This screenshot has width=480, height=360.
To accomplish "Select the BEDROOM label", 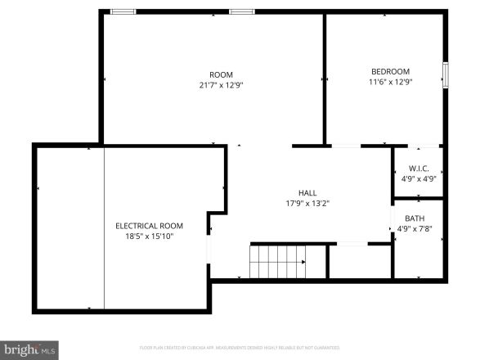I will click(391, 71).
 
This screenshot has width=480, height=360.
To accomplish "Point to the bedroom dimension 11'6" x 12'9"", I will click(391, 82).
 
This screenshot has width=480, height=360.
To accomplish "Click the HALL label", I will click(307, 193).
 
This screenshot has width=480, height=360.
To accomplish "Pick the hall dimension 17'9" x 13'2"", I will click(307, 204).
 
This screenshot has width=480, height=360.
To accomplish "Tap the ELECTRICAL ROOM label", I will click(149, 226).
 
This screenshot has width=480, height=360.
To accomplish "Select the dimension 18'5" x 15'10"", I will click(149, 236).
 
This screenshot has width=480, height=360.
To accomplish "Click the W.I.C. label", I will click(419, 169).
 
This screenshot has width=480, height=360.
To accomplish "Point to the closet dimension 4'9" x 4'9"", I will click(419, 178).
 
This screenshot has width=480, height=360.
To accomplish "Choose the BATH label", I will click(415, 218).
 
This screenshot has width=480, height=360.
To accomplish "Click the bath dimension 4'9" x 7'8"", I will click(415, 229).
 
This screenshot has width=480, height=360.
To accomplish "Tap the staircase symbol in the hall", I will click(277, 263).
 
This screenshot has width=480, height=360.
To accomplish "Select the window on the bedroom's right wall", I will click(446, 74).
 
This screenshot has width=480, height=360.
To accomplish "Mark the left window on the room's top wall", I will click(123, 11).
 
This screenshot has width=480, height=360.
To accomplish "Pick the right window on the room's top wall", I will click(241, 11).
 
